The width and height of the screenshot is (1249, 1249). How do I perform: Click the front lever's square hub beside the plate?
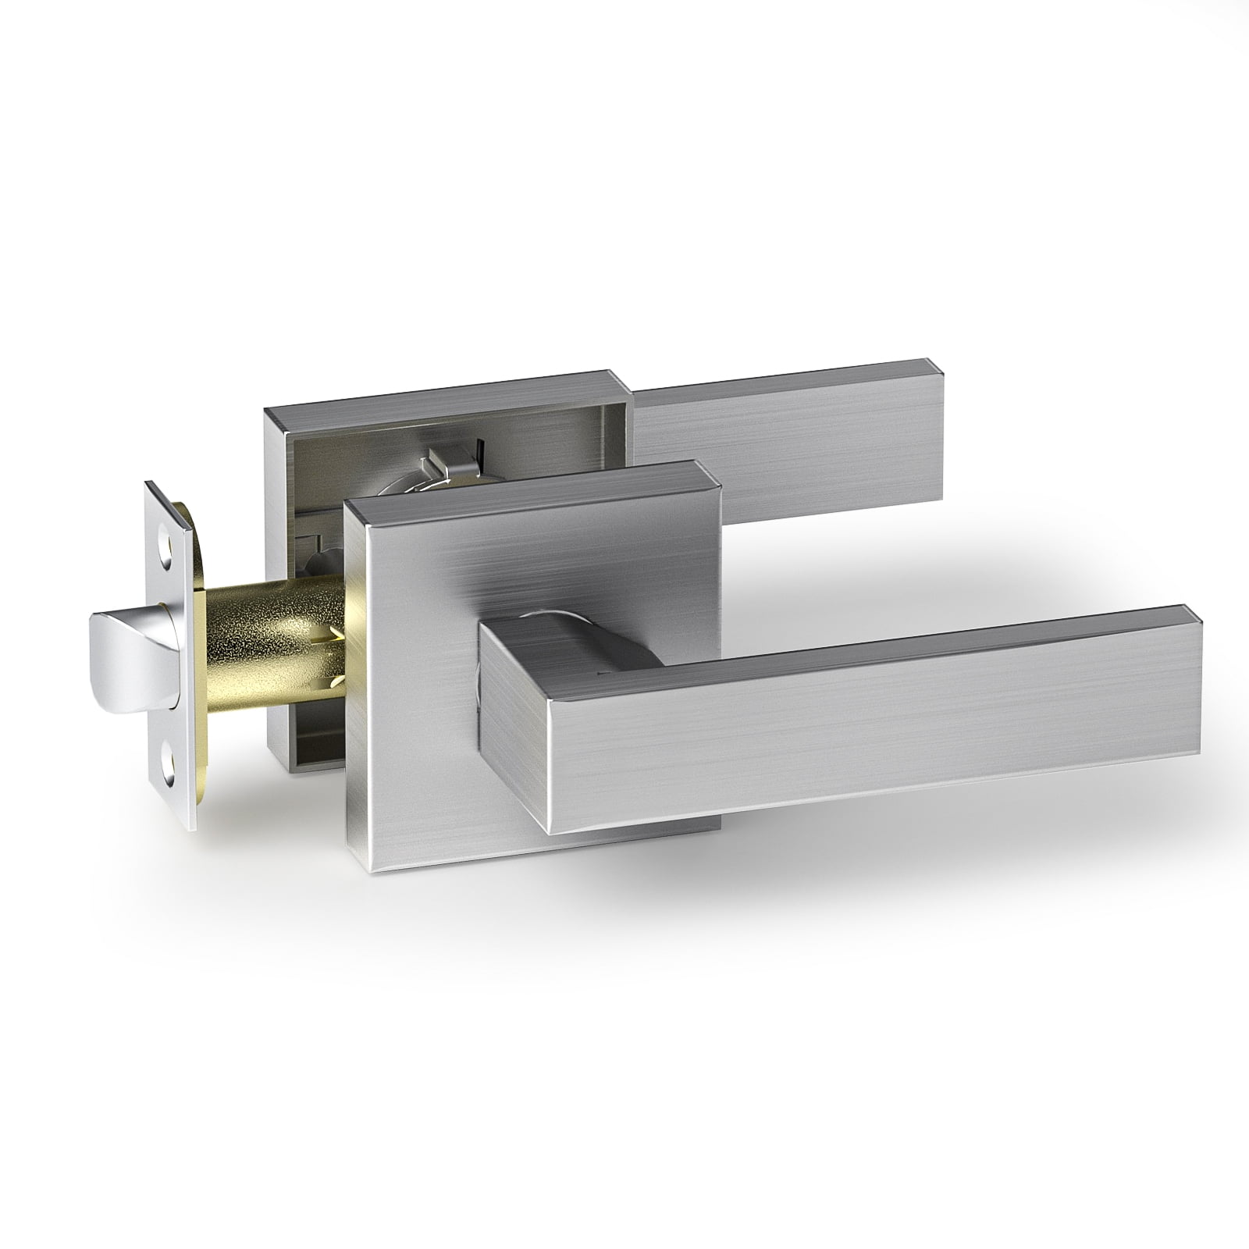point(507,726)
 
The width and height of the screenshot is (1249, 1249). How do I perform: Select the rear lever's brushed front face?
point(781,445)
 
